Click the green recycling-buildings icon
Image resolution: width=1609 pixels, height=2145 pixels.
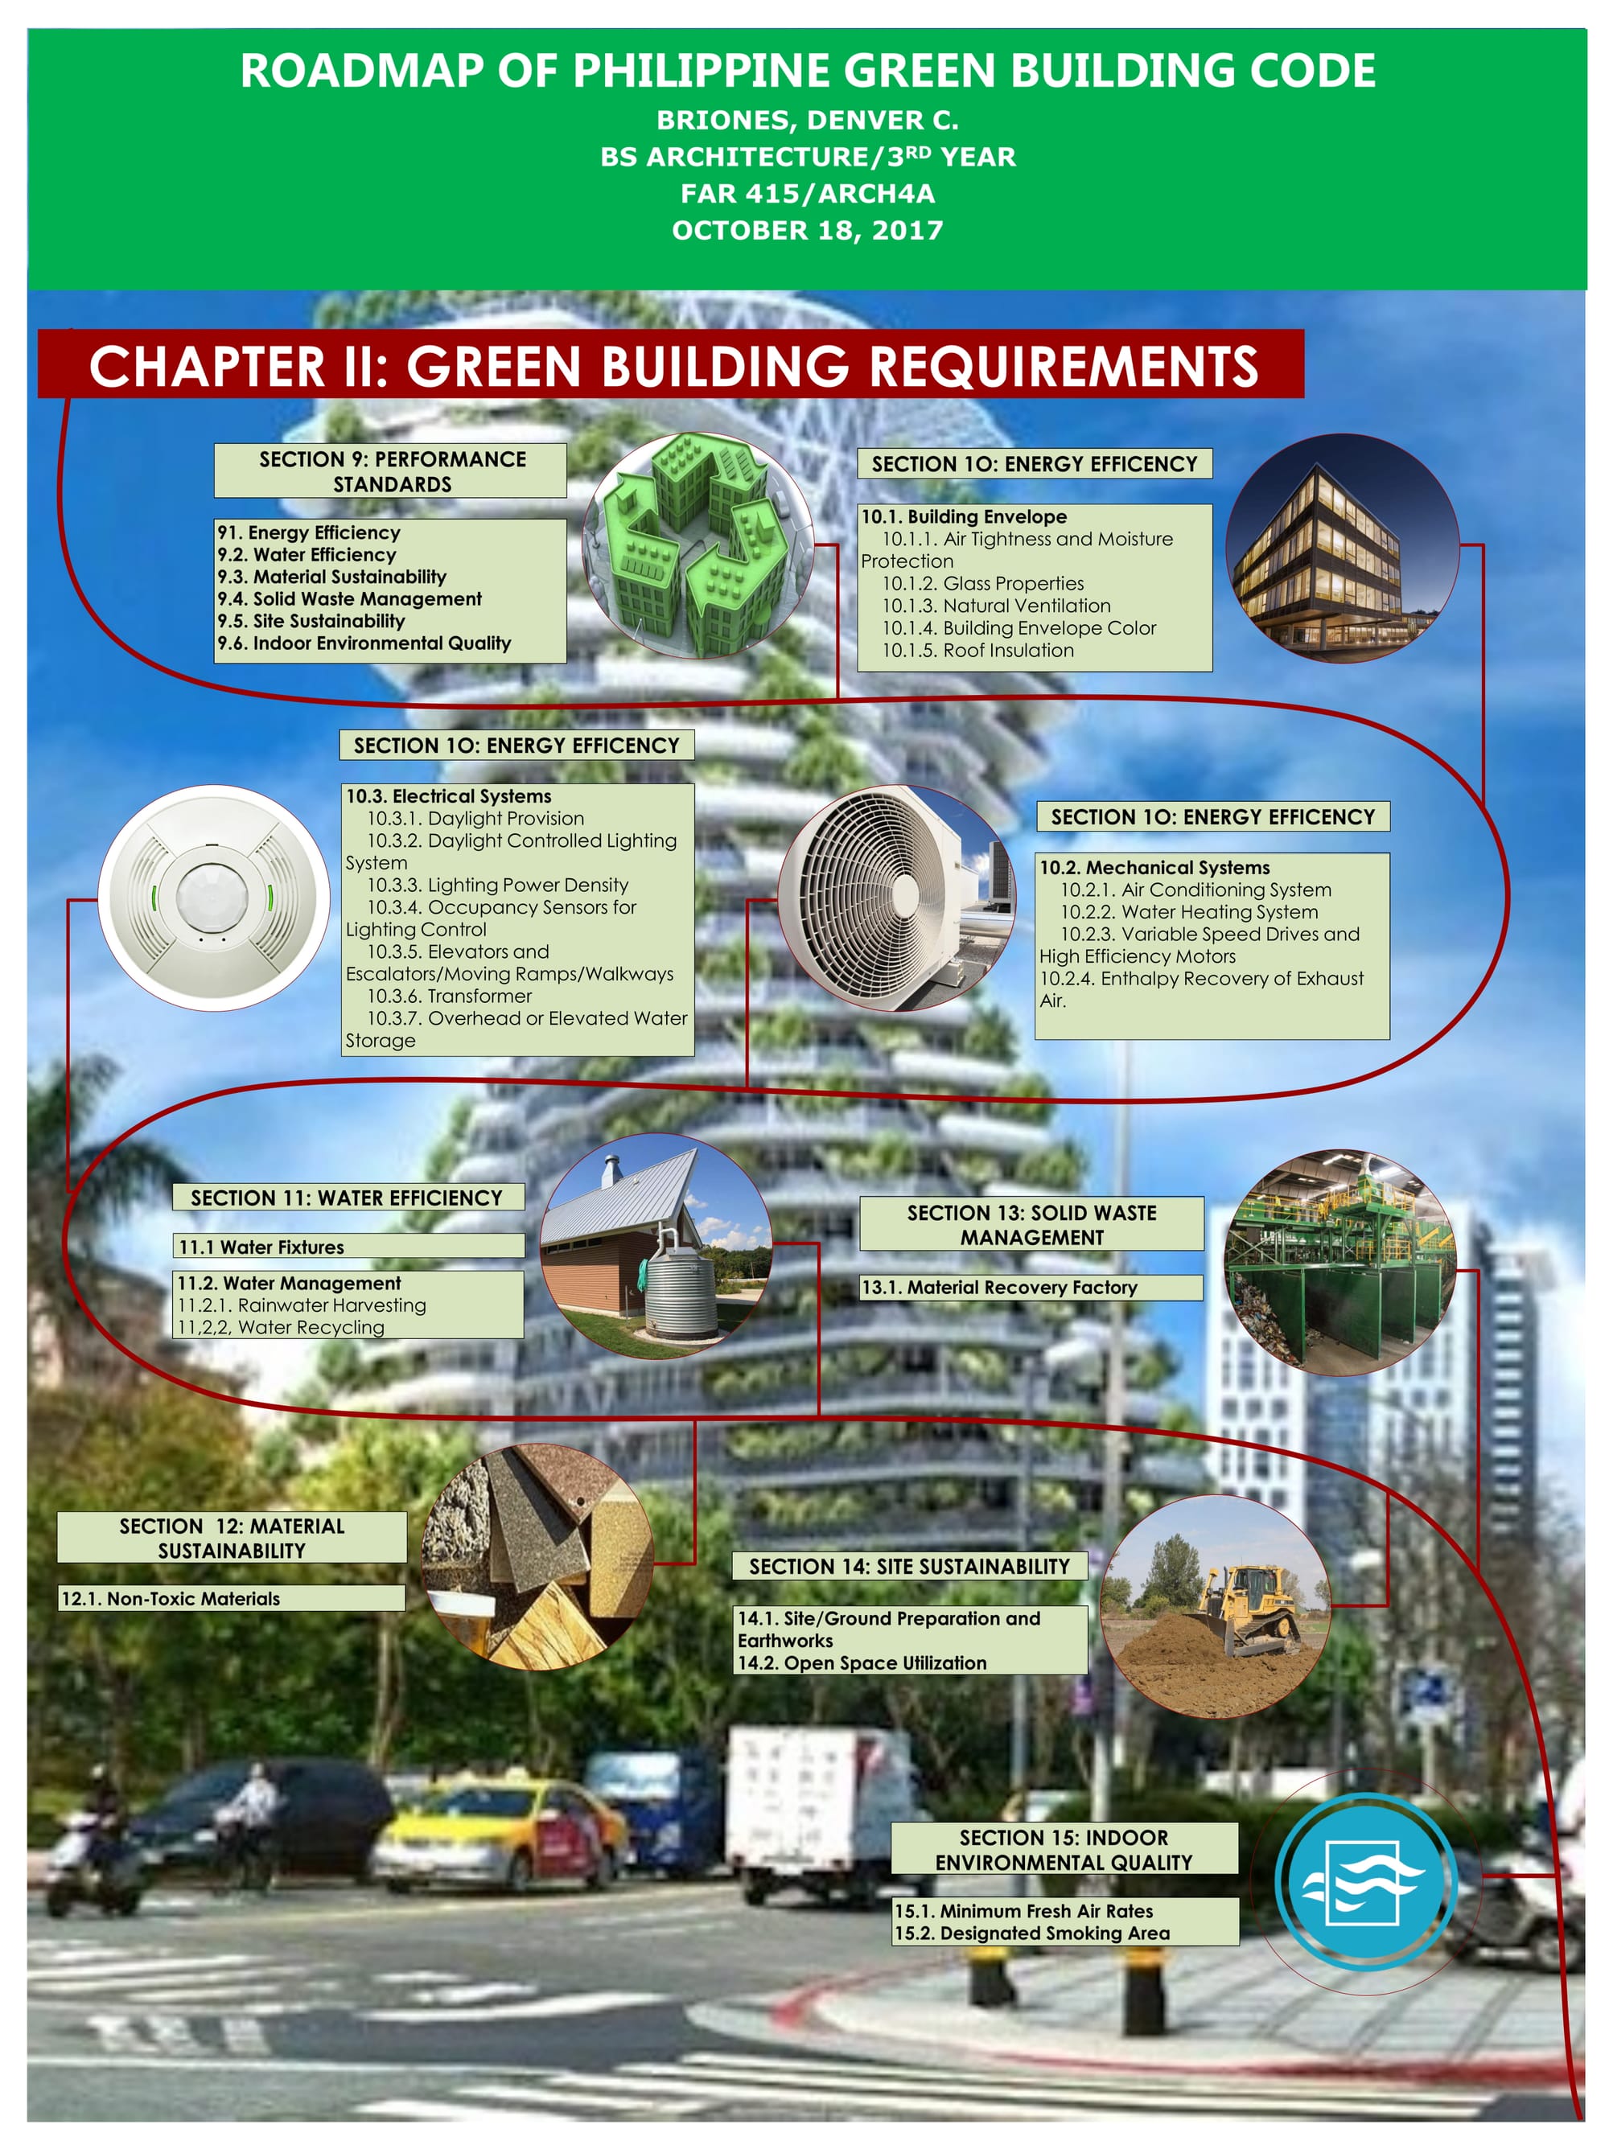698,546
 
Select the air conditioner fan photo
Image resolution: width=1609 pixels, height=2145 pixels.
896,897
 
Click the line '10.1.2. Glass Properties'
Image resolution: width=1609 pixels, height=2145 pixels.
982,583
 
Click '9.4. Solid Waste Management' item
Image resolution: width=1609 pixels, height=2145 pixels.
349,599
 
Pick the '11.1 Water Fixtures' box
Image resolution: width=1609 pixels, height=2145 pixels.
349,1246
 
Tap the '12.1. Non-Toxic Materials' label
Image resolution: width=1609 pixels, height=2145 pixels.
171,1598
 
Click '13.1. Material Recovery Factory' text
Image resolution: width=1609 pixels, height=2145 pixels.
999,1287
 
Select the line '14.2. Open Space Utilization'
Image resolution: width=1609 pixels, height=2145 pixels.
862,1662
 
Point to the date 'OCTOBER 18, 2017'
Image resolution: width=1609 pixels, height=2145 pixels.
808,230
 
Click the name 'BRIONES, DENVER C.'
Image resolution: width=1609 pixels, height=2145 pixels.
808,121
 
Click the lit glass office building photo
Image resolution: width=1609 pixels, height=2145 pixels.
1342,548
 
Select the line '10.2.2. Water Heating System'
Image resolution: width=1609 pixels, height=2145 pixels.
1189,911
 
